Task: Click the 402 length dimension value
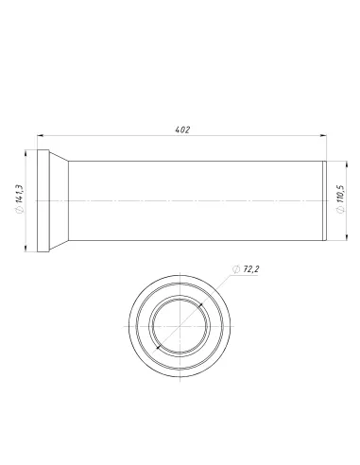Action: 182,129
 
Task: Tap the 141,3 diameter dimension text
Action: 19,193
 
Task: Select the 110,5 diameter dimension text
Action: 340,193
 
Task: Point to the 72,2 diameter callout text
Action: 251,269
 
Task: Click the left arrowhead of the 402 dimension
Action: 40,135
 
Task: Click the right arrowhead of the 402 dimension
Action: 323,135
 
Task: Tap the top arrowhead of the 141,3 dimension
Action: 26,153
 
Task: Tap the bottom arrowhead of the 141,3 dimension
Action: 26,249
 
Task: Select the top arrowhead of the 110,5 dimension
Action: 347,164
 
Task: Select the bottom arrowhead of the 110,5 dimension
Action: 347,237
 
